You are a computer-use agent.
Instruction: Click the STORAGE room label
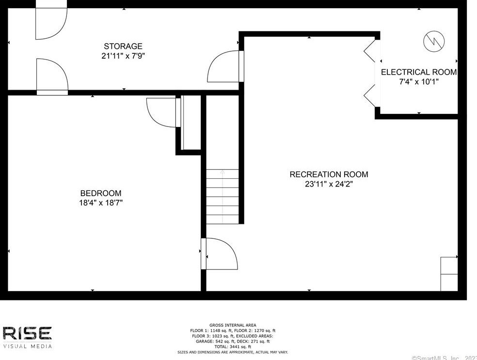[123, 47]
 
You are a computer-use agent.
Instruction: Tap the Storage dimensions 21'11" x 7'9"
[123, 56]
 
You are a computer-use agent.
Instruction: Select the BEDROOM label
[101, 193]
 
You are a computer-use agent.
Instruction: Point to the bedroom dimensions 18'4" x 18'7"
[101, 203]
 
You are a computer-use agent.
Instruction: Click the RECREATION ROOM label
[329, 174]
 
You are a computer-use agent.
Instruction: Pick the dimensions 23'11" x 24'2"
[329, 184]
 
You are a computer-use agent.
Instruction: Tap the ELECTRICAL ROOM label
[419, 72]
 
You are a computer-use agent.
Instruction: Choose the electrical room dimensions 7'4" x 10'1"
[419, 82]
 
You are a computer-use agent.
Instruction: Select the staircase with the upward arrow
[223, 196]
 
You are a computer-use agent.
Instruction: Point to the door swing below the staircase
[221, 254]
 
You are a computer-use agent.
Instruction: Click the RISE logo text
[27, 334]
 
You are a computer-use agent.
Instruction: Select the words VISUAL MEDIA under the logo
[27, 346]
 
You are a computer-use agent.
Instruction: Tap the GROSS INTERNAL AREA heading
[233, 325]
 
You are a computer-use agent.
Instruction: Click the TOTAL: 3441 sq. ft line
[233, 346]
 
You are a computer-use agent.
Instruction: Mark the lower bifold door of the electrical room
[370, 95]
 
